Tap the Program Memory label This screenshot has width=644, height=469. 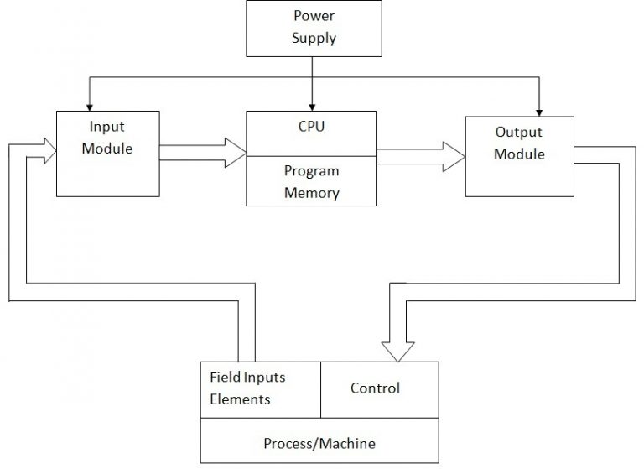click(x=311, y=181)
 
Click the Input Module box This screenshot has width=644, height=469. click(x=106, y=153)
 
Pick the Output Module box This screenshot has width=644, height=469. click(x=519, y=156)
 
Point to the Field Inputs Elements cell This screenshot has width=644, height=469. click(x=260, y=388)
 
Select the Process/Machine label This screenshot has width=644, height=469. click(x=319, y=442)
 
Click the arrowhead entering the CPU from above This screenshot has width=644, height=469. click(x=312, y=106)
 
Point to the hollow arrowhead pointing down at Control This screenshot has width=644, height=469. click(x=397, y=350)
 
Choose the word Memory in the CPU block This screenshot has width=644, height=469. click(x=311, y=192)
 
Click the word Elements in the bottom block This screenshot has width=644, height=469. click(x=240, y=399)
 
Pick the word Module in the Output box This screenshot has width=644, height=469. click(x=519, y=154)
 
